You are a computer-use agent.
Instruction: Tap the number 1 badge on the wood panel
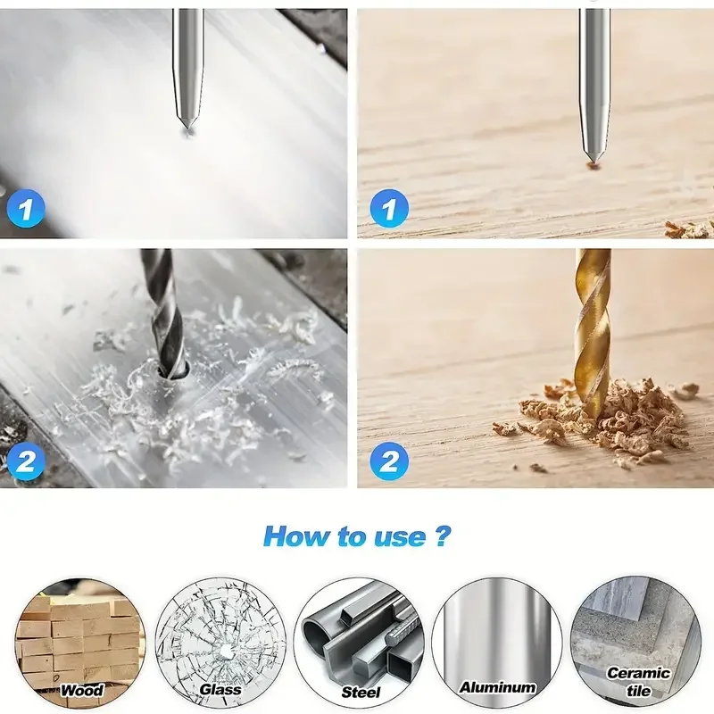click(388, 211)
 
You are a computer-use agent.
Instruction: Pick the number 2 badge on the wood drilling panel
click(388, 461)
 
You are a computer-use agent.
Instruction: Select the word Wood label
click(82, 690)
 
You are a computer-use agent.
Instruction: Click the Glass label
click(220, 690)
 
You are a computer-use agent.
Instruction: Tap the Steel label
click(361, 692)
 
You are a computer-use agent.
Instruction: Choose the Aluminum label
click(497, 687)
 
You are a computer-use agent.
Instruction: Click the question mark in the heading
click(442, 536)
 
